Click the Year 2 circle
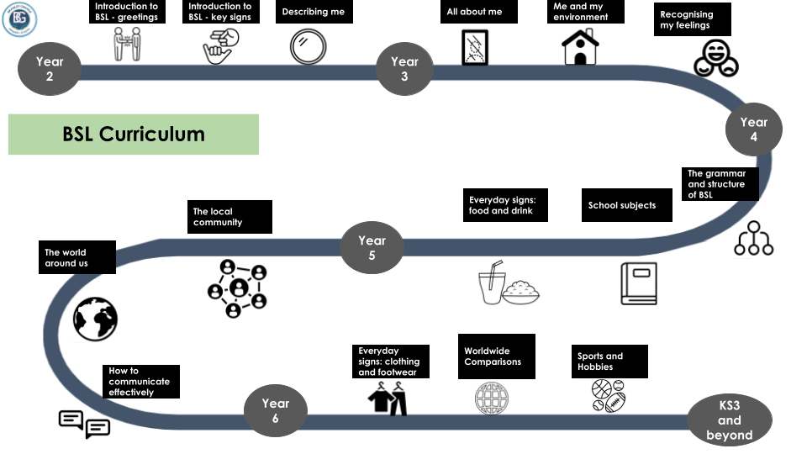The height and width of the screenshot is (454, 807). point(49,69)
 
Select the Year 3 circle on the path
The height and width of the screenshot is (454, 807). point(404,69)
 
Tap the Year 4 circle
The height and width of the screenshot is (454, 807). point(753,129)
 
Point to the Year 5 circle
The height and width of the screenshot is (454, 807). point(372,248)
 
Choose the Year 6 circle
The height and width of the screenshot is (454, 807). point(275,411)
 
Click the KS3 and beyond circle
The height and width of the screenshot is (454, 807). point(729,420)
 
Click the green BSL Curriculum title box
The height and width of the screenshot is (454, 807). point(134,135)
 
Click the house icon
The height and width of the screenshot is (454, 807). point(580,47)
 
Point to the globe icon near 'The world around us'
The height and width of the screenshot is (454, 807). point(95,319)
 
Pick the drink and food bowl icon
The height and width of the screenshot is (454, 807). point(509,284)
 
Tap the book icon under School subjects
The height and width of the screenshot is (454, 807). point(638,283)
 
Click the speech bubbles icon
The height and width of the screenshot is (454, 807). point(84,424)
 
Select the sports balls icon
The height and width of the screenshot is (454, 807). point(609,395)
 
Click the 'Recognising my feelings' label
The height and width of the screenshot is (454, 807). point(692,20)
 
